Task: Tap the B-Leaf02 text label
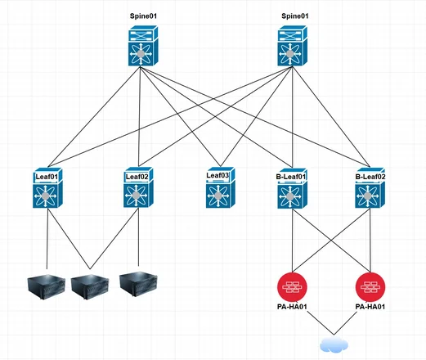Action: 371,174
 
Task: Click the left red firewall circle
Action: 292,286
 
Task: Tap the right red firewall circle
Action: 370,286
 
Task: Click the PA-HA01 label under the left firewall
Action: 292,308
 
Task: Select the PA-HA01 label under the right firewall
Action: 370,308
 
